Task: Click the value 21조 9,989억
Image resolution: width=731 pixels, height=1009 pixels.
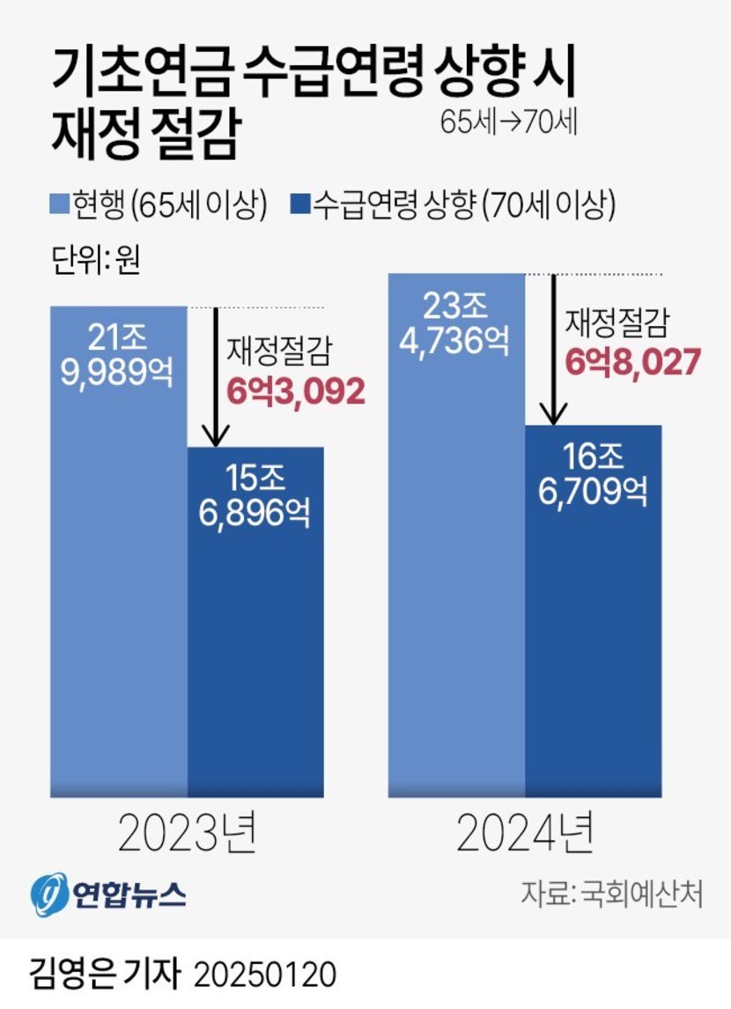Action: pos(118,354)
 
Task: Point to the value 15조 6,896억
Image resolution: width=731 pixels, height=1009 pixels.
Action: pos(255,496)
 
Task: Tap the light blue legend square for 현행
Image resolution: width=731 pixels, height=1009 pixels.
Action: pos(57,205)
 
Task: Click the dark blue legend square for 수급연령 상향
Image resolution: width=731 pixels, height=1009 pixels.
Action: pos(299,205)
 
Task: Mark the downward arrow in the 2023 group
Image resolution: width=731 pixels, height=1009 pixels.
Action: pos(215,379)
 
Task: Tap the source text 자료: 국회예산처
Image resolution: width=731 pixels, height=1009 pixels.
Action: pos(611,894)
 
